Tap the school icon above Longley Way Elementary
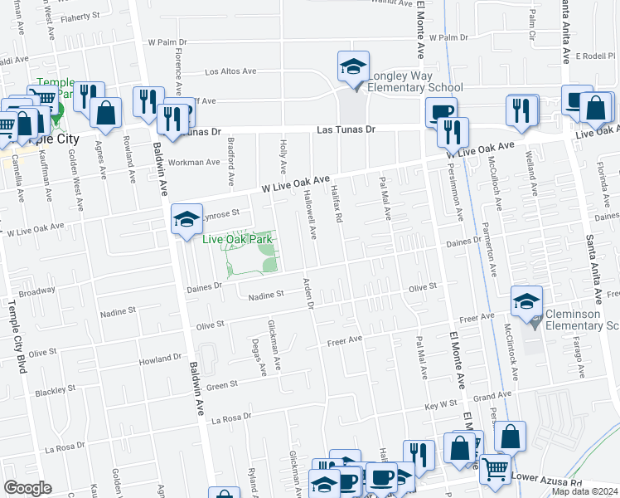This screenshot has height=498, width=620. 352,66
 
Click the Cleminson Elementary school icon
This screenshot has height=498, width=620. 527,303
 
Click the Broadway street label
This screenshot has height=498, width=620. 36,292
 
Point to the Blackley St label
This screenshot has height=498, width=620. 56,388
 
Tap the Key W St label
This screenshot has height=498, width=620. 441,406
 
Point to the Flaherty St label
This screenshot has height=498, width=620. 78,15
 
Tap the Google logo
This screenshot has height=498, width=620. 28,487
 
